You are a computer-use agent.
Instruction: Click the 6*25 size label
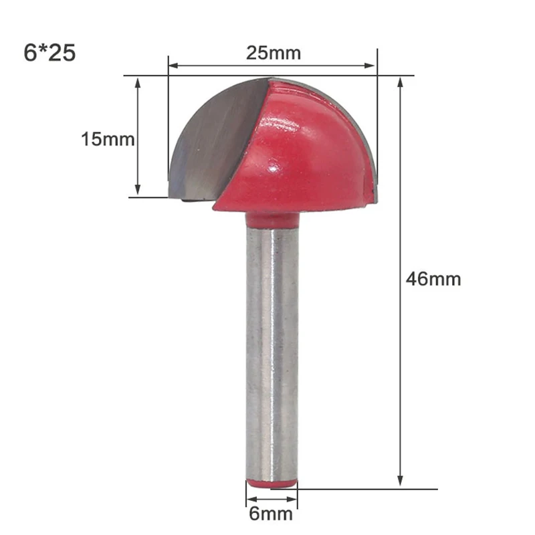(x=49, y=52)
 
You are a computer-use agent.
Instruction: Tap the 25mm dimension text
(x=263, y=53)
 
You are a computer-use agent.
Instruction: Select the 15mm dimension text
(x=108, y=140)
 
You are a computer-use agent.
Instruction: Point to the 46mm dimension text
(x=433, y=279)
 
